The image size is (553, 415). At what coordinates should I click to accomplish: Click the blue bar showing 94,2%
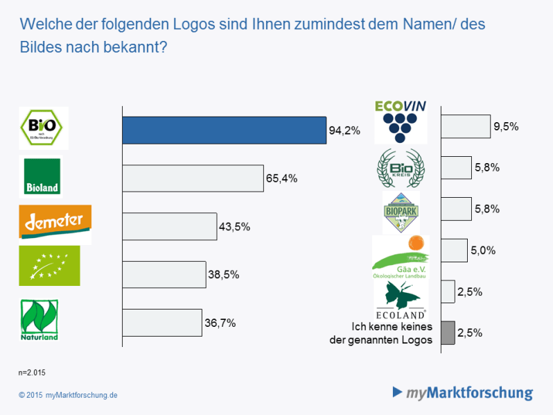pyautogui.click(x=224, y=130)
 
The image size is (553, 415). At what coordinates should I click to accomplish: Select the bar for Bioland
pyautogui.click(x=193, y=178)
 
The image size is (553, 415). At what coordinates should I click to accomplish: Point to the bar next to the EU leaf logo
pyautogui.click(x=164, y=275)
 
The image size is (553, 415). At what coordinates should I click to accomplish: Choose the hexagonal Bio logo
pyautogui.click(x=43, y=128)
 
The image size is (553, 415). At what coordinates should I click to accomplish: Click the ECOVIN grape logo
pyautogui.click(x=401, y=121)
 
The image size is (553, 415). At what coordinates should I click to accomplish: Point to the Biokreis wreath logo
pyautogui.click(x=401, y=169)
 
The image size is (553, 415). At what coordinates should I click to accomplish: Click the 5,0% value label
pyautogui.click(x=483, y=251)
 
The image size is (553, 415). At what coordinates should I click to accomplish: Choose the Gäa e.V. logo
pyautogui.click(x=401, y=257)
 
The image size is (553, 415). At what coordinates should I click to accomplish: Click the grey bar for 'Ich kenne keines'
pyautogui.click(x=448, y=333)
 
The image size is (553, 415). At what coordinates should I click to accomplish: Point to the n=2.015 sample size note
pyautogui.click(x=32, y=373)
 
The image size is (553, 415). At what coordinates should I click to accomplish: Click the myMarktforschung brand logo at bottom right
pyautogui.click(x=463, y=393)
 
